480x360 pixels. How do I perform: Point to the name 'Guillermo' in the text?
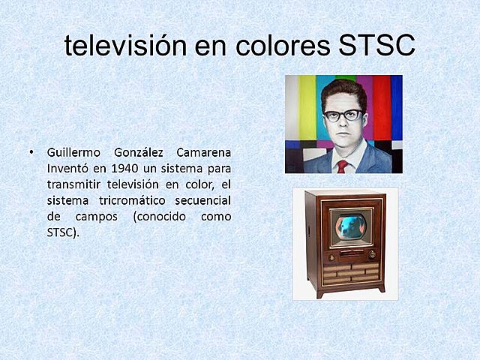tap(72, 152)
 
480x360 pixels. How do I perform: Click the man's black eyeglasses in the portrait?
tap(343, 115)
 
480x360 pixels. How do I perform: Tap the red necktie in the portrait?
tap(342, 166)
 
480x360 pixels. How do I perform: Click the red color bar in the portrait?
tap(382, 105)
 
